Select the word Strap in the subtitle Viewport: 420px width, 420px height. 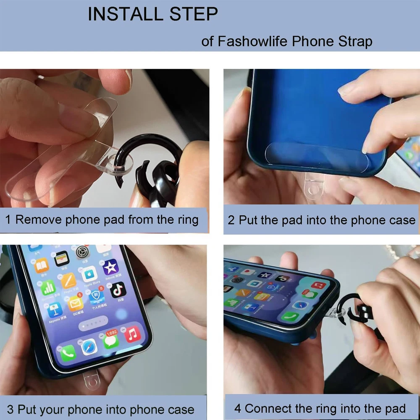point(355,42)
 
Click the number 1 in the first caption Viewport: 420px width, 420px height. point(8,220)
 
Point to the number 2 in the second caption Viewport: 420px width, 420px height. point(231,220)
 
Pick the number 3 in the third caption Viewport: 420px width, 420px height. point(10,409)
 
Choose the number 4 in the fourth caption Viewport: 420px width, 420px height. point(238,409)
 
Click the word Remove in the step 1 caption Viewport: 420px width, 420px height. point(39,220)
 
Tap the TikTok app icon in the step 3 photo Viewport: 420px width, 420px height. point(118,290)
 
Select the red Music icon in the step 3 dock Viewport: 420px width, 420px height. point(132,334)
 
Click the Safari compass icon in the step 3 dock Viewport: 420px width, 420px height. point(89,346)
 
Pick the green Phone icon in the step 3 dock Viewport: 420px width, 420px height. point(68,353)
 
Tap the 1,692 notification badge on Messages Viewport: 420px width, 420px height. point(112,333)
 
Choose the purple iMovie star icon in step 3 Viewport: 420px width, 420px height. point(110,267)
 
